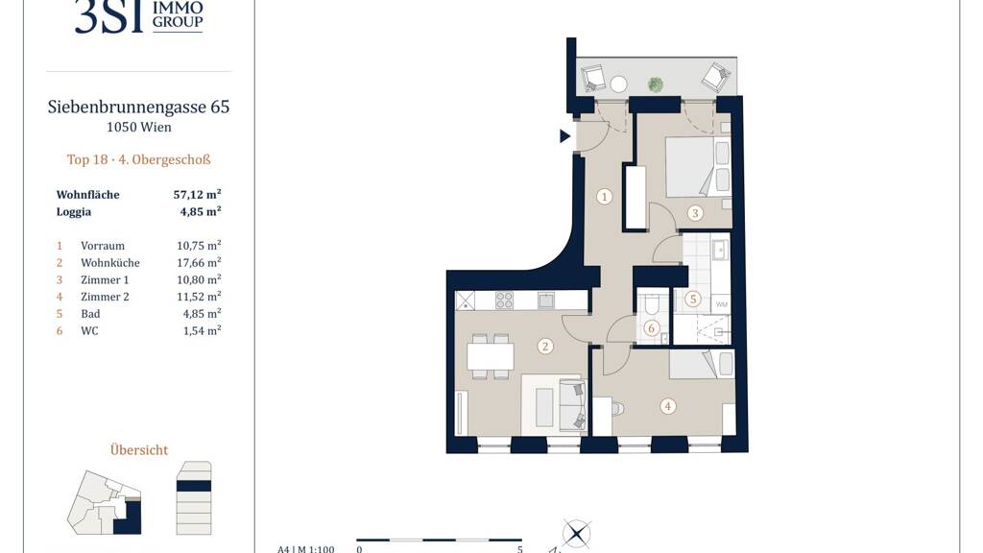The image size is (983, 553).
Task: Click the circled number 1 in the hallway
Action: click(605, 197)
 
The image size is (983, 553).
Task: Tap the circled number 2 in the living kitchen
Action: click(545, 346)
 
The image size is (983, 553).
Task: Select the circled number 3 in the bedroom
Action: click(695, 213)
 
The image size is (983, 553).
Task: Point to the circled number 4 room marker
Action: click(668, 406)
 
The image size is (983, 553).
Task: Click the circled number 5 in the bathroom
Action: click(693, 299)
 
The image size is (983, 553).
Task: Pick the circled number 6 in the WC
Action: click(652, 328)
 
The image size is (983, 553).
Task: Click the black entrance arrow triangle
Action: click(564, 135)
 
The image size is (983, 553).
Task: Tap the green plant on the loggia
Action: click(656, 84)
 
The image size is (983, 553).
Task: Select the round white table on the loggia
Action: click(619, 84)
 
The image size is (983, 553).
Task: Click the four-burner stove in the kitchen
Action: click(504, 301)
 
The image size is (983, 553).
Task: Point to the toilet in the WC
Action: click(652, 304)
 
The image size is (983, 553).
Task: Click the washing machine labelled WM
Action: click(721, 303)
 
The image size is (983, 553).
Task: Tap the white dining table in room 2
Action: click(491, 357)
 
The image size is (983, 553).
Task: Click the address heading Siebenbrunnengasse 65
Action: click(138, 108)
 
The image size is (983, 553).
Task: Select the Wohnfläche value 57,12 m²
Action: click(198, 194)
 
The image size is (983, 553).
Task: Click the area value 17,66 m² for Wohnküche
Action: click(199, 263)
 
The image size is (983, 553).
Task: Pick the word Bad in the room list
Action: click(90, 314)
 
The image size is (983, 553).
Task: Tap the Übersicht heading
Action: click(139, 449)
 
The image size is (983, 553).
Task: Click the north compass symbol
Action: click(576, 534)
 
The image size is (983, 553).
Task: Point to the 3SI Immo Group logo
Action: click(138, 16)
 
